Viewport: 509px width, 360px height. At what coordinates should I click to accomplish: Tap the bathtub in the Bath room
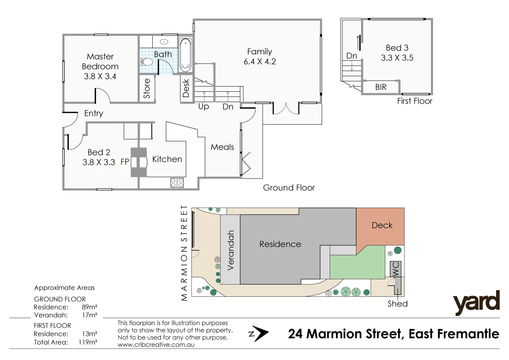point(185,54)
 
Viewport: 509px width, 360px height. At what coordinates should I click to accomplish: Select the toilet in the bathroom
point(147,62)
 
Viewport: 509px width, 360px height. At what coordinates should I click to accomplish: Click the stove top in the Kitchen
point(177,183)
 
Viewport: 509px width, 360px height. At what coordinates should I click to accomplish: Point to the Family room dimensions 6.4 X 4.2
point(260,62)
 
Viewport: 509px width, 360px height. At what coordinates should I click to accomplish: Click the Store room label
point(147,89)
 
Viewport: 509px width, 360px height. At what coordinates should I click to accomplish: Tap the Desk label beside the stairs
point(186,88)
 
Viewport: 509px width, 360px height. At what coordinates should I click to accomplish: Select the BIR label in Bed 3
point(381,87)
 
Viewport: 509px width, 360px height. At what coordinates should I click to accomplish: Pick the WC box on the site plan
point(396,269)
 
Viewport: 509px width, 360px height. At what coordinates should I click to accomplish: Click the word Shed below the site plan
point(397,304)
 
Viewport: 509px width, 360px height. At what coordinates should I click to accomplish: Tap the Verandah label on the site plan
point(230,250)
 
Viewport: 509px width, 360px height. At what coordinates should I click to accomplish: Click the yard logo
point(476,303)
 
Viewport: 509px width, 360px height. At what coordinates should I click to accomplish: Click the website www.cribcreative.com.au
point(156,345)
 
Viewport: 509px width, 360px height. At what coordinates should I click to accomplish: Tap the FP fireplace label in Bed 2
point(124,162)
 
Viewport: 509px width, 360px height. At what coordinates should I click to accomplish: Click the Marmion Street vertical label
point(184,253)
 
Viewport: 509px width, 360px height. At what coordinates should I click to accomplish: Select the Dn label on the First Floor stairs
point(351,56)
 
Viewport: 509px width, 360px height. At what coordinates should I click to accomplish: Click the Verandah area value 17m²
point(89,315)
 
